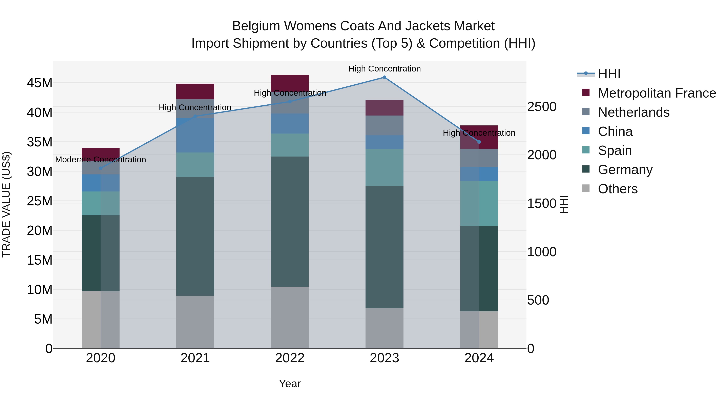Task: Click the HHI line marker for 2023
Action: tap(384, 77)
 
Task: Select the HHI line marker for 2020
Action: tap(101, 168)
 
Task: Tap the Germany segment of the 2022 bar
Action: tap(290, 222)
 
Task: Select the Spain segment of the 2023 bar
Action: tap(384, 167)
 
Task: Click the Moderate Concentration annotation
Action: tap(101, 160)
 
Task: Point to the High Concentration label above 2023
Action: tap(384, 69)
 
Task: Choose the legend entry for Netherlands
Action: tap(633, 112)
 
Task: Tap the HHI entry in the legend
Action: tap(609, 74)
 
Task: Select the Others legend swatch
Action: tap(586, 188)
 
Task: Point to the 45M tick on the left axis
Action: tap(40, 83)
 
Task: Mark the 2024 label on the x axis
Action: tap(479, 358)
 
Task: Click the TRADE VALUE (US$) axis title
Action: tap(6, 205)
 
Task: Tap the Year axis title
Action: tap(290, 384)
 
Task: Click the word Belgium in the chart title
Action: tap(256, 26)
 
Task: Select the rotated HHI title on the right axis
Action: tap(564, 205)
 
